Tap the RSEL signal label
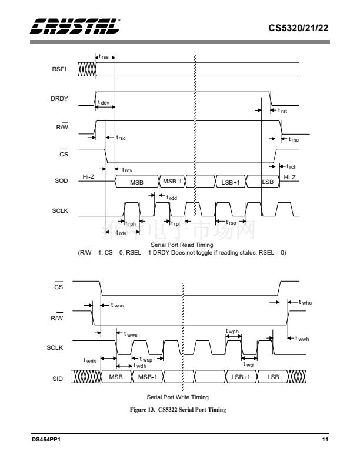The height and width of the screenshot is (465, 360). [x=61, y=69]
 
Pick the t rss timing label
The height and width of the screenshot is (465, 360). [x=104, y=56]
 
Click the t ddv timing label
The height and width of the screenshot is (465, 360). [x=104, y=102]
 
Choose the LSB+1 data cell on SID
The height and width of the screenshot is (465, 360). [x=240, y=376]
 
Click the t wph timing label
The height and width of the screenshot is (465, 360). [x=232, y=332]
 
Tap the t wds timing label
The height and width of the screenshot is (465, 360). [x=90, y=360]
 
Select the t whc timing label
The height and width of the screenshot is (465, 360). [x=304, y=302]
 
